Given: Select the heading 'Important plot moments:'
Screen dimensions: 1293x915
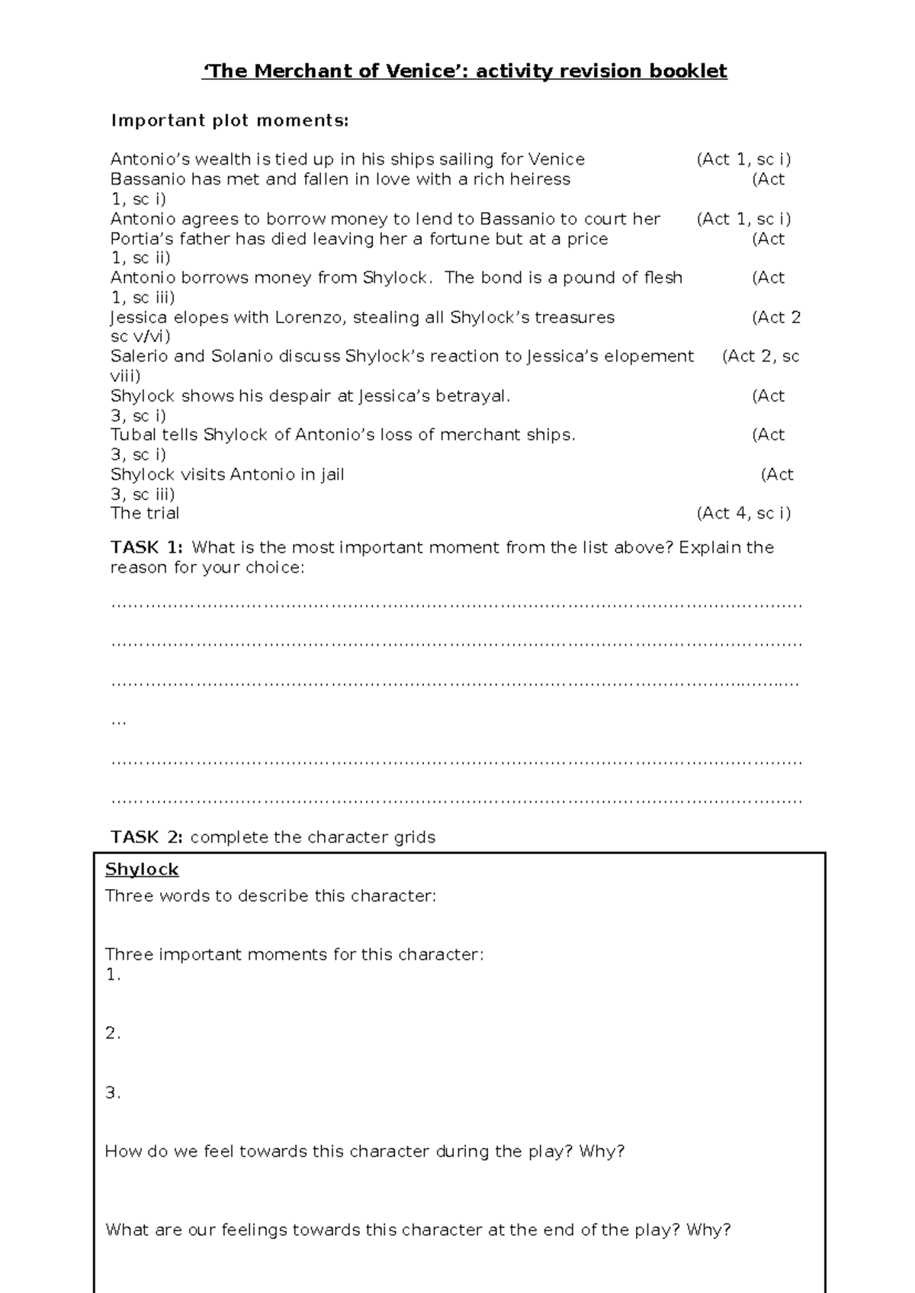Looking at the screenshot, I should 230,120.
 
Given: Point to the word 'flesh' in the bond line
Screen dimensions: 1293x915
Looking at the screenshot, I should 663,278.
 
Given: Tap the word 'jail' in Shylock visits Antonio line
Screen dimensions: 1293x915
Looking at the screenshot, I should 332,474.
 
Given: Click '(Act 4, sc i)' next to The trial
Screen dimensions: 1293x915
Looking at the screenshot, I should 743,513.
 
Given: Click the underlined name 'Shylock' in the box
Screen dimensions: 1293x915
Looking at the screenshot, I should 142,869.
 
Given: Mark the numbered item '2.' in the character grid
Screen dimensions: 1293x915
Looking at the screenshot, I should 113,1034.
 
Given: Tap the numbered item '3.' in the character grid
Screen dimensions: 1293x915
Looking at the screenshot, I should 113,1092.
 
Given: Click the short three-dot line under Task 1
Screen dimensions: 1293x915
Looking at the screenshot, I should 118,721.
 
